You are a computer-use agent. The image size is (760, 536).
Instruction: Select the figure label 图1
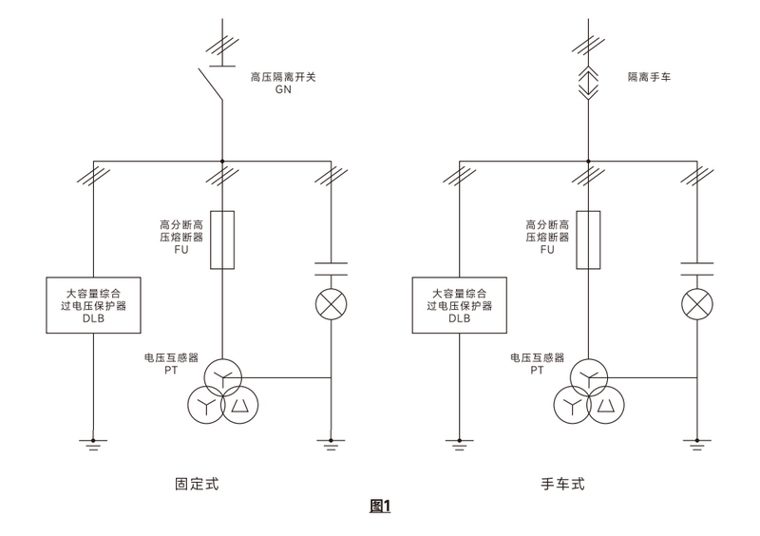pyautogui.click(x=380, y=507)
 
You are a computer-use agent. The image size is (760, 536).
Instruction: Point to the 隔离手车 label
pyautogui.click(x=649, y=75)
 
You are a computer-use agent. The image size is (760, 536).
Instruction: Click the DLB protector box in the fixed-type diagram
pyautogui.click(x=92, y=304)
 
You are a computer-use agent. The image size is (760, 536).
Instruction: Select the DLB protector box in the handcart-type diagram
pyautogui.click(x=459, y=304)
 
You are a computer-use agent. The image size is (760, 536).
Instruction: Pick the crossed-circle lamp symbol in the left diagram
pyautogui.click(x=331, y=305)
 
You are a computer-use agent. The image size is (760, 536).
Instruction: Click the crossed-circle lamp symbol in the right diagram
pyautogui.click(x=697, y=305)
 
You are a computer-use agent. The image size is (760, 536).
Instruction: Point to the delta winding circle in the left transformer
pyautogui.click(x=238, y=406)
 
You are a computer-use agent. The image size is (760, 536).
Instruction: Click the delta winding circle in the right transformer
pyautogui.click(x=605, y=406)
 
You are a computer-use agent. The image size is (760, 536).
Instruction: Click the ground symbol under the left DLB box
pyautogui.click(x=92, y=442)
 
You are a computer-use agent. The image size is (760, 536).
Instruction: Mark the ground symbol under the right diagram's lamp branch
pyautogui.click(x=697, y=442)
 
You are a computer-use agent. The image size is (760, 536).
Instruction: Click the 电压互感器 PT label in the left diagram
pyautogui.click(x=170, y=364)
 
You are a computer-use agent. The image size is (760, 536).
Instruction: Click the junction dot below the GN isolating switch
pyautogui.click(x=221, y=163)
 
